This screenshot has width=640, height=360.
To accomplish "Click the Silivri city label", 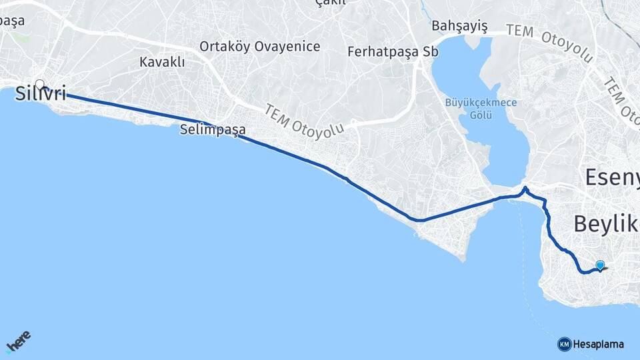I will [x=41, y=93].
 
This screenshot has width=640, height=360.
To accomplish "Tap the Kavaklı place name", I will [x=162, y=62].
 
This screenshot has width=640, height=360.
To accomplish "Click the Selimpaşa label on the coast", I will [x=213, y=130].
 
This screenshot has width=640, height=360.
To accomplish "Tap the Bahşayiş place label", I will [x=459, y=26].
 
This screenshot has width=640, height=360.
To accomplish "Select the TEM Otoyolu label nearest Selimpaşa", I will [x=304, y=120].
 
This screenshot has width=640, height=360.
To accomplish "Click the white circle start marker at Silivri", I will [x=40, y=85].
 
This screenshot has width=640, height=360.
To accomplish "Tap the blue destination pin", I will [x=600, y=265].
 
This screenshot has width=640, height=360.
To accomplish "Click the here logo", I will [x=18, y=341].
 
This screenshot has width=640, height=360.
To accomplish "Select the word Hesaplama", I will [x=599, y=344].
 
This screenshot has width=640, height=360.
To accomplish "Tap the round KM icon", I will [x=564, y=344].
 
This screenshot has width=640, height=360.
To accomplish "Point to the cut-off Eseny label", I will [x=611, y=177].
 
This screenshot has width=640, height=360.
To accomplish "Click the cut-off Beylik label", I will [x=606, y=224].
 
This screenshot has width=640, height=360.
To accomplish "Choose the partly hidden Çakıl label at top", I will [x=331, y=3].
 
